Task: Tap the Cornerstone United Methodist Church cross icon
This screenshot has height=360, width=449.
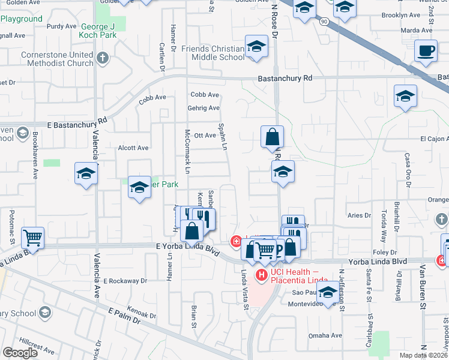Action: click(x=103, y=58)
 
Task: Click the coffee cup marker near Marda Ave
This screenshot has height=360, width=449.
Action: click(x=427, y=52)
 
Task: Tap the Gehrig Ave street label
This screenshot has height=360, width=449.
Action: click(x=205, y=108)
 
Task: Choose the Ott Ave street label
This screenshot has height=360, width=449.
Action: click(x=205, y=136)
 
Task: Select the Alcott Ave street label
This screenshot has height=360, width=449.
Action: click(x=133, y=148)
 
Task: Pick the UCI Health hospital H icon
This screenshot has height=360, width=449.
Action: click(x=262, y=275)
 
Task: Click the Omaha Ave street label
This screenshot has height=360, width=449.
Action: click(x=326, y=335)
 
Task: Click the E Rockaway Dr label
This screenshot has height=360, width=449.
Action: click(x=125, y=280)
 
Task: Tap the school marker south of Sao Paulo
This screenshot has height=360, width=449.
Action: click(x=328, y=293)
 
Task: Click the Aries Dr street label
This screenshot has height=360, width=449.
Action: click(x=359, y=215)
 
